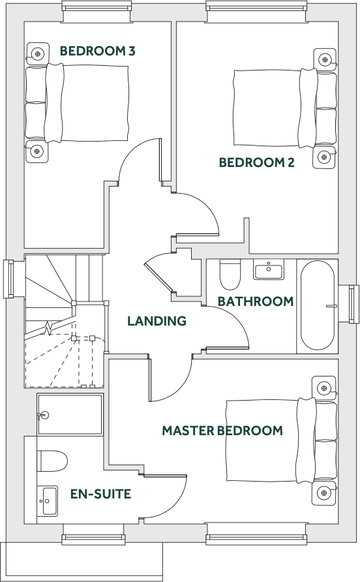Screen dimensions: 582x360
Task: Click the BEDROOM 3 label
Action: (x=97, y=51)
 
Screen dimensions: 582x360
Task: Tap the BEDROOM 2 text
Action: (x=256, y=162)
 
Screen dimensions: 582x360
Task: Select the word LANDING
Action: (x=157, y=321)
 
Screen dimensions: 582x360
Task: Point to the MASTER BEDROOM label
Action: (x=222, y=431)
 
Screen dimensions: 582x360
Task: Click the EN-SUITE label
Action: (x=100, y=494)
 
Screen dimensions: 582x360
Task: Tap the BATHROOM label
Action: (x=255, y=301)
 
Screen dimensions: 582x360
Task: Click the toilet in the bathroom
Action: (x=230, y=274)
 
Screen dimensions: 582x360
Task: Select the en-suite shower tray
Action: (x=70, y=414)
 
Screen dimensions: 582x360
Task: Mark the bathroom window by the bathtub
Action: (x=353, y=305)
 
